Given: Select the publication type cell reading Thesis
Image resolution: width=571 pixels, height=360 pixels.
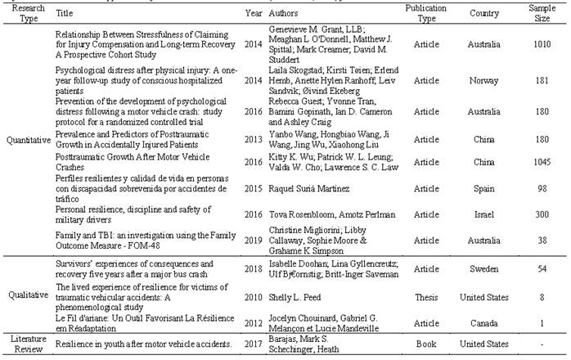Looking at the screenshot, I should point(425,299).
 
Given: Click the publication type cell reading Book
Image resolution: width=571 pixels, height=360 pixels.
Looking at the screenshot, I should point(425,345).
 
